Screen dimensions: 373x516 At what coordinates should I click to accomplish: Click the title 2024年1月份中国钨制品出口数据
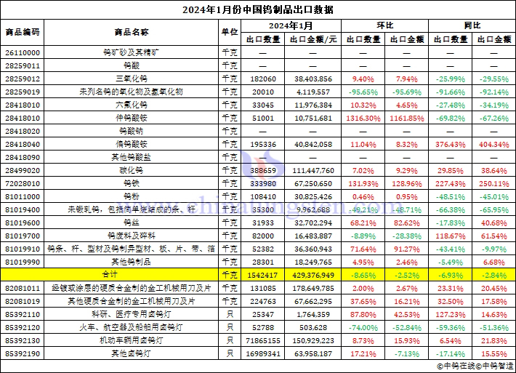[x=257, y=9]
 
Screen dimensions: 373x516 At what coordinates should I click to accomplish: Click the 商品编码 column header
[x=23, y=32]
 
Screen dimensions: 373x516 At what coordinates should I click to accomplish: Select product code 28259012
[x=23, y=78]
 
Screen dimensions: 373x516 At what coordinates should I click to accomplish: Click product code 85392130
[x=23, y=340]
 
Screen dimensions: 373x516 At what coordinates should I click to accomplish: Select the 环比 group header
[x=384, y=25]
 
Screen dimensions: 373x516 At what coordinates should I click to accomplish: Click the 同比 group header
[x=472, y=25]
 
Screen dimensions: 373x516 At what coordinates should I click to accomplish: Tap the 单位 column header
[x=229, y=32]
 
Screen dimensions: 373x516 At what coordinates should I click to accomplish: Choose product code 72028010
[x=23, y=183]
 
